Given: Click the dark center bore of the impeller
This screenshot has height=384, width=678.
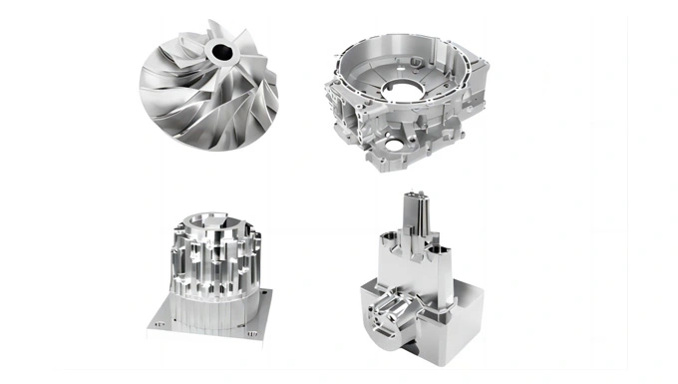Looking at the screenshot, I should tap(219, 52).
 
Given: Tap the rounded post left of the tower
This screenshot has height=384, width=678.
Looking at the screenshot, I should tap(392, 240).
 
